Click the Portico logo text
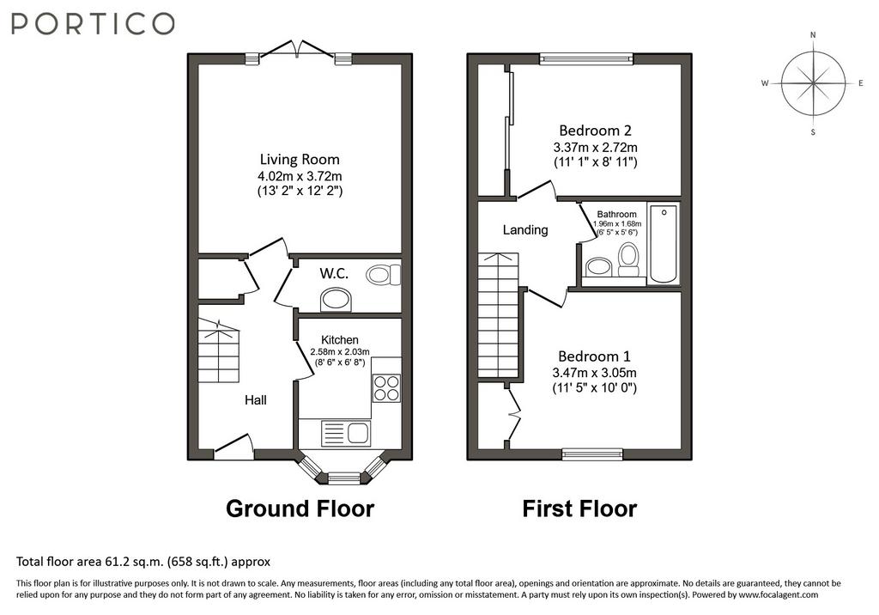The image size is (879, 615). point(93,24)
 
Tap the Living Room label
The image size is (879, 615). point(300,160)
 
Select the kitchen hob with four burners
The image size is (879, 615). point(386,387)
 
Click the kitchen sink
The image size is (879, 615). point(345,433)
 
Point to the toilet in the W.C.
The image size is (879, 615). point(384,275)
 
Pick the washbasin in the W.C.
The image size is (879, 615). point(336,301)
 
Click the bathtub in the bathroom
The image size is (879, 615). point(664,244)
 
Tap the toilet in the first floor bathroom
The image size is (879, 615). point(628,260)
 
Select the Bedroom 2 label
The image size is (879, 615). point(596,131)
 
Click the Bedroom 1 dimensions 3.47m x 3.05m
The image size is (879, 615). point(594,373)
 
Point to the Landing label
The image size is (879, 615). point(525,229)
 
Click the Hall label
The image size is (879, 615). point(256,400)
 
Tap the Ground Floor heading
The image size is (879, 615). point(300,508)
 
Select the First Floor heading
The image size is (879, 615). point(579,508)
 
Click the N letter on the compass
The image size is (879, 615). point(813,35)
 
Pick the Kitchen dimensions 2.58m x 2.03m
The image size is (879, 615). point(340,352)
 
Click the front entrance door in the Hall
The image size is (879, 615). point(233,446)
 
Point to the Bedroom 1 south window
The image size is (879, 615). point(592,454)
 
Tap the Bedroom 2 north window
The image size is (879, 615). point(586,58)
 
